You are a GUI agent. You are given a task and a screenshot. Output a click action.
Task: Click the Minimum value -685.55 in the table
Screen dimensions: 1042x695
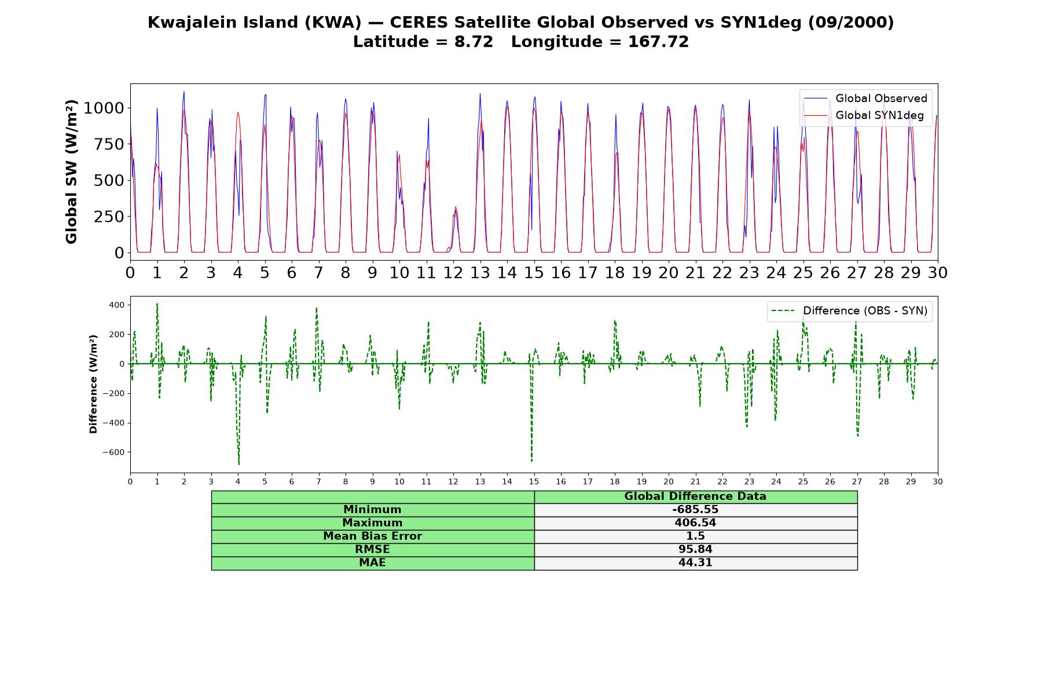tap(695, 510)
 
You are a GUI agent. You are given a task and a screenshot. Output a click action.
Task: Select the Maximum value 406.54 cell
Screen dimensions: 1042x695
tap(695, 523)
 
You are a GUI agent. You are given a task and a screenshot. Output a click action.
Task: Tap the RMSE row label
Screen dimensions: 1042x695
tap(372, 550)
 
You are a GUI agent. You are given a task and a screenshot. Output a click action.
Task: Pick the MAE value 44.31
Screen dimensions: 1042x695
tap(695, 563)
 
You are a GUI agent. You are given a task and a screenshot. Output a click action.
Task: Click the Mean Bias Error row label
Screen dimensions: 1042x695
tap(372, 536)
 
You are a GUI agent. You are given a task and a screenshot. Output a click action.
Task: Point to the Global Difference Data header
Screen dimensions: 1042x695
tap(695, 496)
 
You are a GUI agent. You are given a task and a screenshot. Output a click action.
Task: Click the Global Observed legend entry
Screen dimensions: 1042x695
tap(865, 98)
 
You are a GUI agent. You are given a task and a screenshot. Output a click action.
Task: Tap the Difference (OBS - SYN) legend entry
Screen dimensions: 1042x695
tap(849, 311)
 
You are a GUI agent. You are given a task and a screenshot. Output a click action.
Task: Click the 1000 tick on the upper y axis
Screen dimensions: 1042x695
tap(104, 108)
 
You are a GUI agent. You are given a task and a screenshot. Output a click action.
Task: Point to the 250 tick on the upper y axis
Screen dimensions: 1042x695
tap(109, 217)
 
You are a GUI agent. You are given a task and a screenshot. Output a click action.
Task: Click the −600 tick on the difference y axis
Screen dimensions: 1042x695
tap(113, 452)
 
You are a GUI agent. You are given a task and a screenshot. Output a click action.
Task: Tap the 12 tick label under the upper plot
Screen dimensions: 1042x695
tap(453, 273)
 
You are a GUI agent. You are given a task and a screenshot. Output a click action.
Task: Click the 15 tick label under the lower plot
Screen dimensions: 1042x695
tap(534, 482)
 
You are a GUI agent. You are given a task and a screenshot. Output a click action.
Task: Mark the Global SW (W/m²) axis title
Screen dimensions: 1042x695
tap(71, 172)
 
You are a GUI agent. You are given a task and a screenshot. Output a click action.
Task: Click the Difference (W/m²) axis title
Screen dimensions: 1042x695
tap(93, 384)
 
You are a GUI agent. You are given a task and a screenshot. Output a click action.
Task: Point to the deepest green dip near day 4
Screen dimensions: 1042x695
tap(239, 464)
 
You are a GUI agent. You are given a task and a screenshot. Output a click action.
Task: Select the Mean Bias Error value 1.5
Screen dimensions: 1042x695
tap(695, 536)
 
